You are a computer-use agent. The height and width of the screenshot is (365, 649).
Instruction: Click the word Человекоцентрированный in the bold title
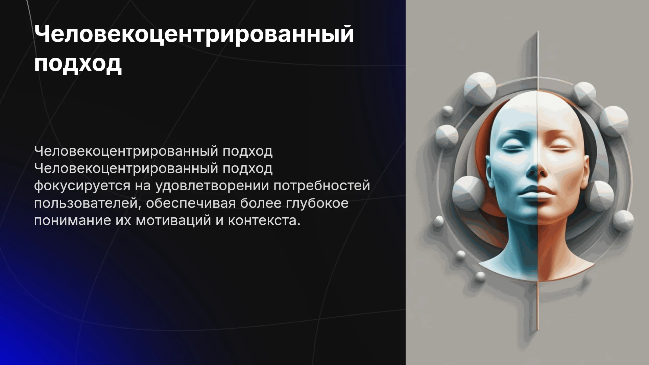tap(194, 34)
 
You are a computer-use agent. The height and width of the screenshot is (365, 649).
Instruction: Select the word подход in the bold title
tap(78, 64)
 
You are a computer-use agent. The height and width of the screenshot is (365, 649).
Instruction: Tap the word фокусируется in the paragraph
tap(82, 186)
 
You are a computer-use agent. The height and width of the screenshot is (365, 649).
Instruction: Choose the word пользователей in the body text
tap(87, 203)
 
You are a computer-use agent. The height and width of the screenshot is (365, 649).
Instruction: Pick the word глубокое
tap(317, 203)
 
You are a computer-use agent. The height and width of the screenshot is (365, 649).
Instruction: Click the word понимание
tap(72, 221)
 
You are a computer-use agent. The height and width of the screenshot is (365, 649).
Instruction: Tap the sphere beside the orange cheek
tap(600, 195)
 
